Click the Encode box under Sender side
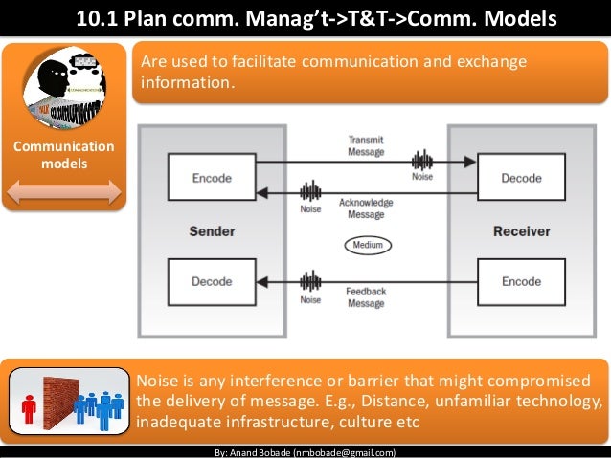(211, 178)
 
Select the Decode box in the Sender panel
(211, 282)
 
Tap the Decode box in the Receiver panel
(521, 178)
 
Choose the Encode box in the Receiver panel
(521, 282)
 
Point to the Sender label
(212, 231)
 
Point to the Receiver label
(521, 231)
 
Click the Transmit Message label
(366, 145)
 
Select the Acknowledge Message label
(366, 208)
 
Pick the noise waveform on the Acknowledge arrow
(310, 191)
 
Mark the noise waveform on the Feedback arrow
(310, 281)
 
